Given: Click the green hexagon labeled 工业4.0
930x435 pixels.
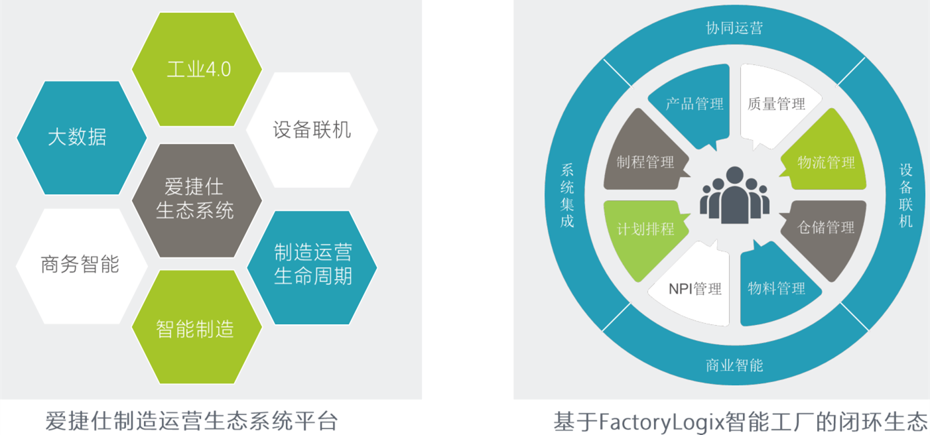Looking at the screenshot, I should pos(197,69).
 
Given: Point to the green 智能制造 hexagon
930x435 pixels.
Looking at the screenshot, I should pos(196,328).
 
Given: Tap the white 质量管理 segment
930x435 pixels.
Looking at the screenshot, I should pos(775,104).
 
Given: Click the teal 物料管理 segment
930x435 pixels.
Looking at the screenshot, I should pos(775,288).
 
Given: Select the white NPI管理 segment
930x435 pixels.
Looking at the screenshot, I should pos(694,288).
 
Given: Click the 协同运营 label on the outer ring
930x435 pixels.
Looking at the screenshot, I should pos(734,29).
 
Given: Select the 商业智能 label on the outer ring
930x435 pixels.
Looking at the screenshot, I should pos(734,365).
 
